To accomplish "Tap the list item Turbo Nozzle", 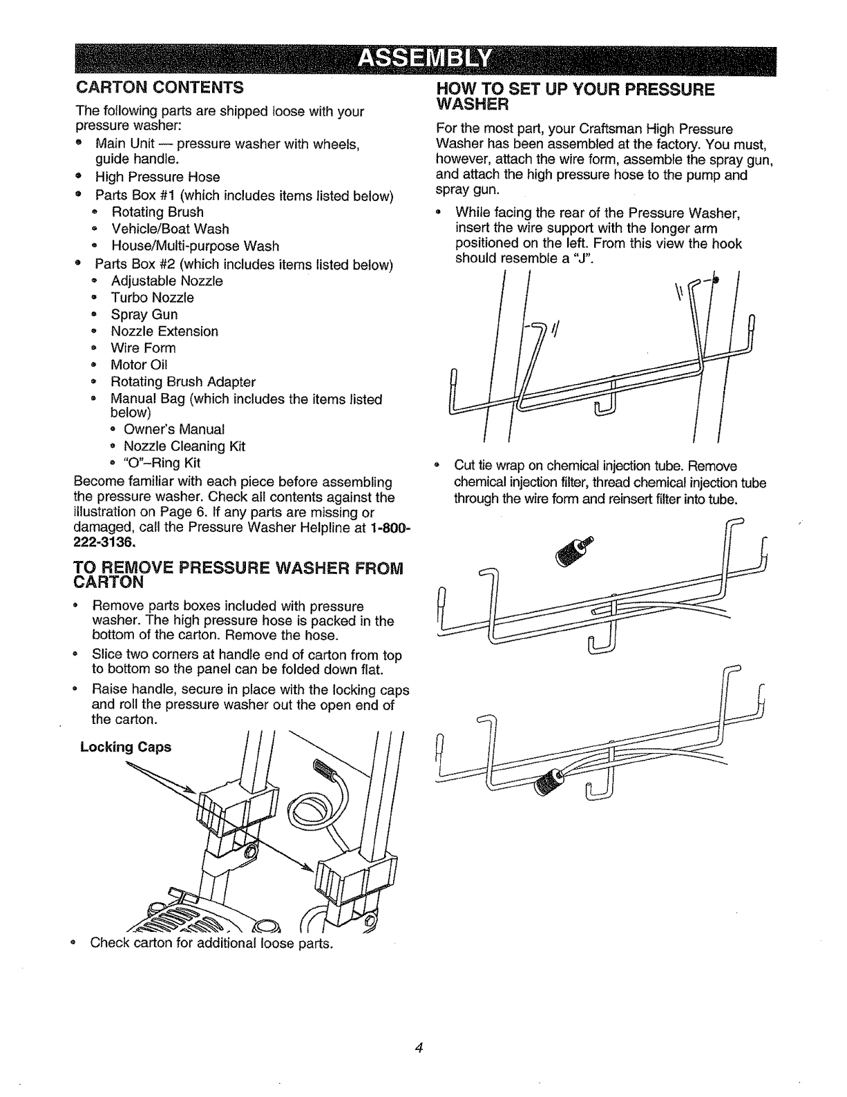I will tap(152, 298).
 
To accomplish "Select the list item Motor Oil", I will tap(139, 365).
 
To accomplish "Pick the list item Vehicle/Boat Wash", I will tap(170, 229).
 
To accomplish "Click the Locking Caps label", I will tap(126, 747).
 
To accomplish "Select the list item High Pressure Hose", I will tap(158, 177).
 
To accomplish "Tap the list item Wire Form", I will tap(143, 348).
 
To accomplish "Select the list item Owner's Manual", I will tap(174, 430).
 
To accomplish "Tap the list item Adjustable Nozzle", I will tap(166, 281).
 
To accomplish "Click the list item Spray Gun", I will tap(144, 314).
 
